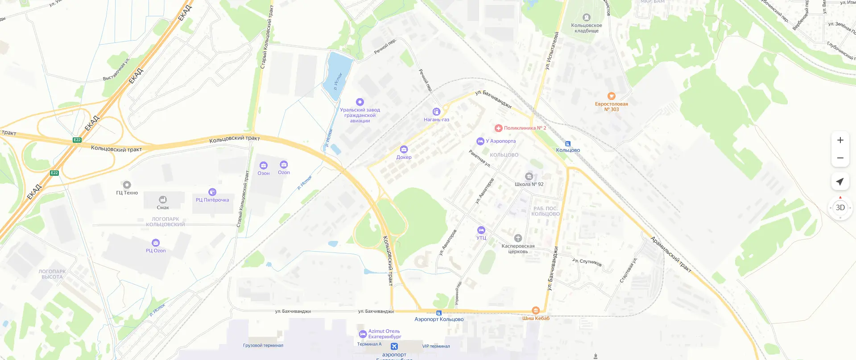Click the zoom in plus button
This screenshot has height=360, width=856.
pyautogui.click(x=840, y=140)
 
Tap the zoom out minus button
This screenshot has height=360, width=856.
pyautogui.click(x=840, y=158)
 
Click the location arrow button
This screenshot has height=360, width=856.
pyautogui.click(x=840, y=182)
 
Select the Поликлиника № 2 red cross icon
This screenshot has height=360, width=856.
pyautogui.click(x=499, y=128)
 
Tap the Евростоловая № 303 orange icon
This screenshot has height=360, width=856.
pyautogui.click(x=612, y=96)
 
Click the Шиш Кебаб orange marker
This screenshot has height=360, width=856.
pyautogui.click(x=536, y=310)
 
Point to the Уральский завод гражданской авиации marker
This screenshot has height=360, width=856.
pyautogui.click(x=360, y=102)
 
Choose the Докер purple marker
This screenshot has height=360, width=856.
pyautogui.click(x=404, y=149)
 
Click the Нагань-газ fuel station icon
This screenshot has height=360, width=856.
pyautogui.click(x=436, y=112)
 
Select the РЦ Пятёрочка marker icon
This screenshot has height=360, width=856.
pyautogui.click(x=212, y=192)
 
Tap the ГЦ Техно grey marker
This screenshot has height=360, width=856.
pyautogui.click(x=127, y=185)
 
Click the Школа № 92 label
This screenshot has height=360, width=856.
pyautogui.click(x=529, y=184)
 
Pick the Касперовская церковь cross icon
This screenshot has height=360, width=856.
pyautogui.click(x=518, y=238)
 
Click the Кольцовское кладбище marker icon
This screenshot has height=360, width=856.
pyautogui.click(x=587, y=17)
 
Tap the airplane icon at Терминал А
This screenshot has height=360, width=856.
pyautogui.click(x=394, y=347)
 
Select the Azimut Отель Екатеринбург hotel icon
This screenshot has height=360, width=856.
pyautogui.click(x=363, y=334)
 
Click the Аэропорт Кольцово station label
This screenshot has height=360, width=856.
pyautogui.click(x=439, y=319)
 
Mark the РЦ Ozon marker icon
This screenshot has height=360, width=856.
pyautogui.click(x=156, y=243)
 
